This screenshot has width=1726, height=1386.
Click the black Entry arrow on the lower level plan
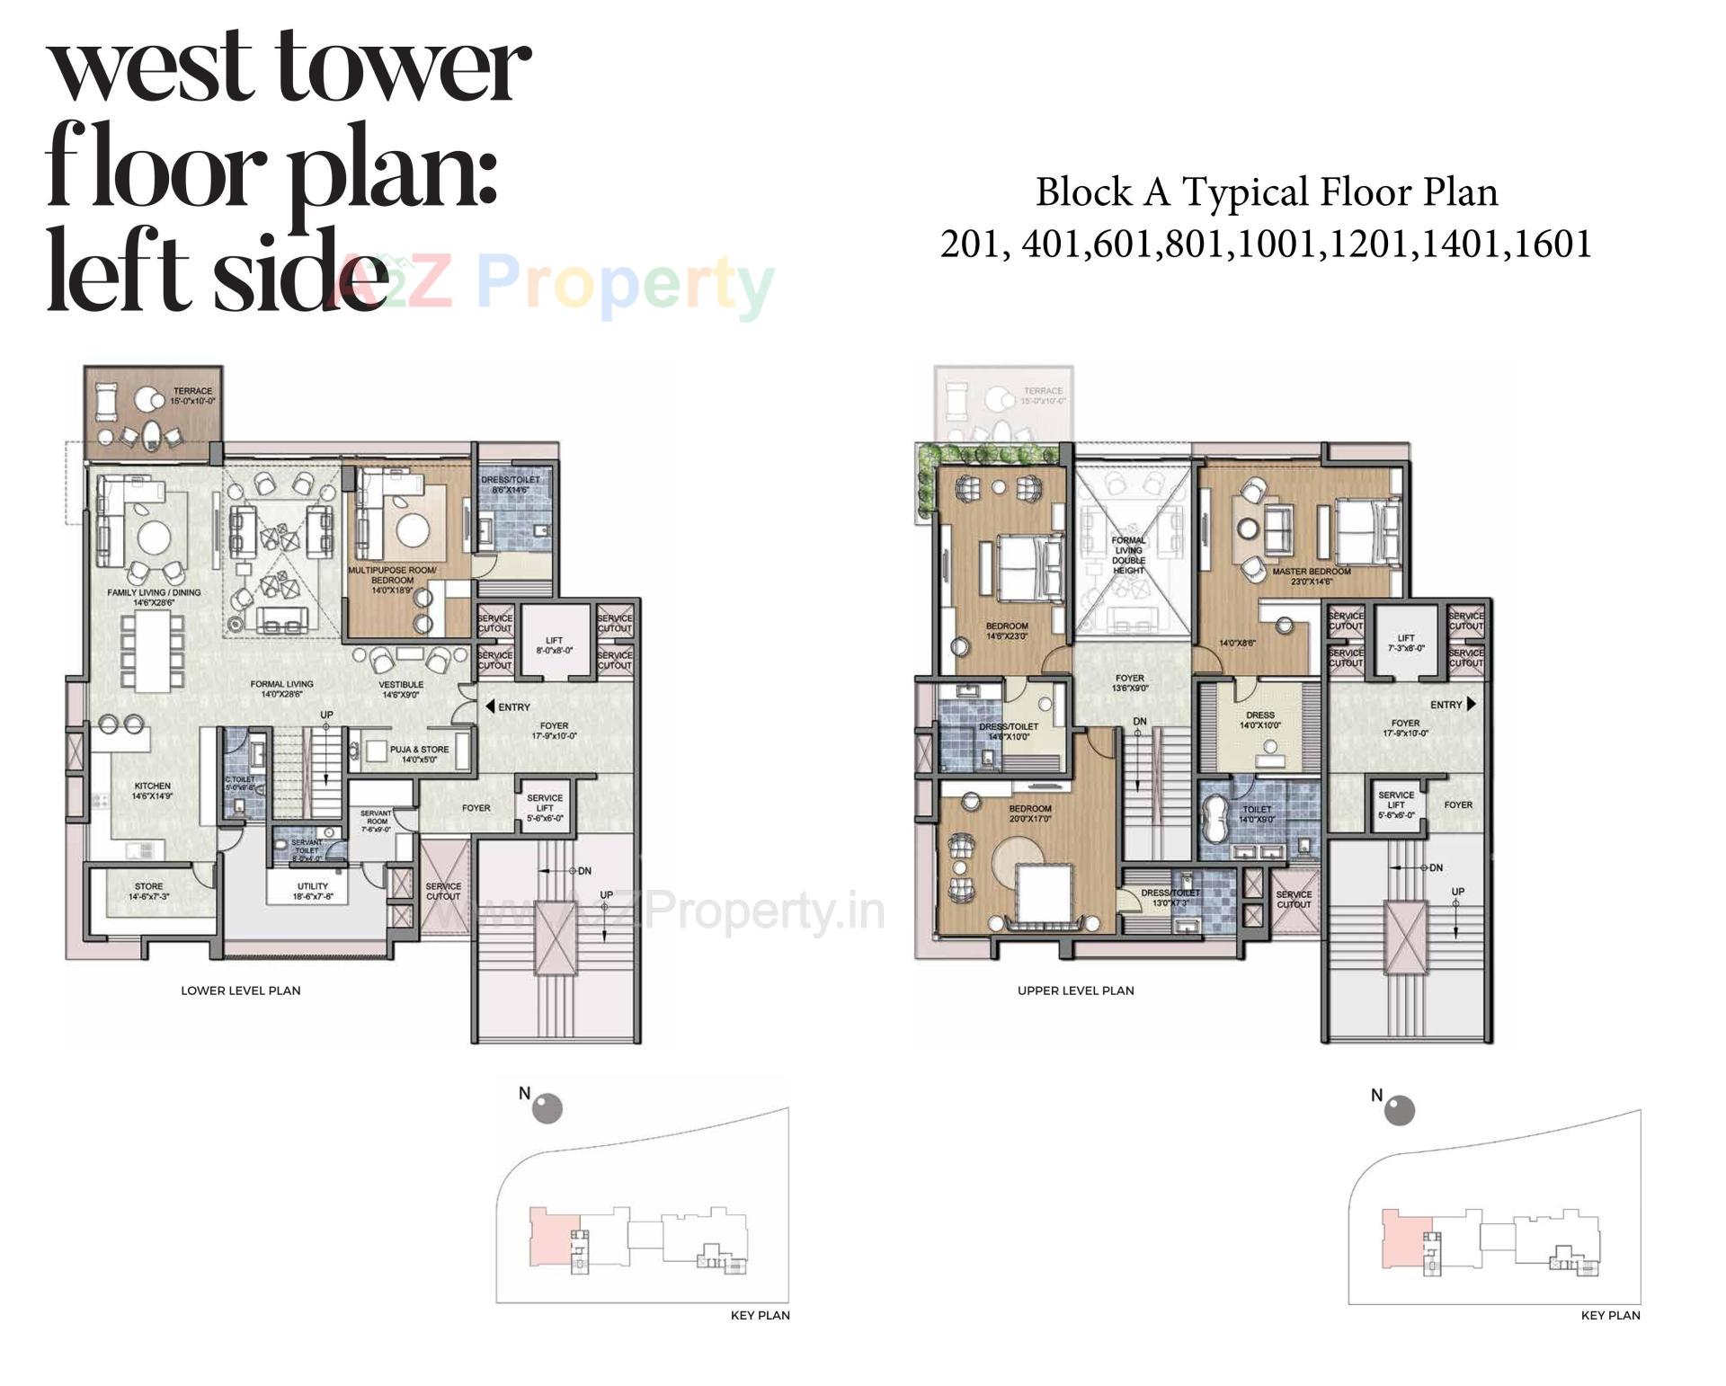coord(490,706)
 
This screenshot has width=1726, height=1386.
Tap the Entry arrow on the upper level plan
coord(1471,704)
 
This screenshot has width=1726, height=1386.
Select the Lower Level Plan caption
coord(241,991)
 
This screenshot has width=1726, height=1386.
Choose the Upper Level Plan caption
coord(1075,991)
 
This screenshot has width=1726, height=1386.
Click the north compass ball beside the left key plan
coord(547,1108)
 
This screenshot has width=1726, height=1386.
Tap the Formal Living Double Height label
coord(1128,555)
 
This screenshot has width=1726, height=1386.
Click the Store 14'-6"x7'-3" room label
coord(148,891)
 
